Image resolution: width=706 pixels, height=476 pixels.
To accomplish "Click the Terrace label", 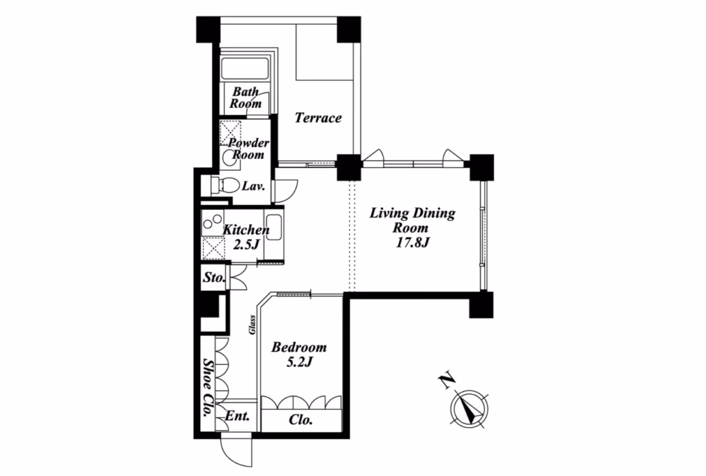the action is [318, 118].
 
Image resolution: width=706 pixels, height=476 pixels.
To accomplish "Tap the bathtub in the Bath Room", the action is [245, 69].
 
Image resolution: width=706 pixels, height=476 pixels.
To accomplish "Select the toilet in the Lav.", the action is [226, 185].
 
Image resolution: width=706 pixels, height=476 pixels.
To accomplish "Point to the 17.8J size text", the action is [412, 243].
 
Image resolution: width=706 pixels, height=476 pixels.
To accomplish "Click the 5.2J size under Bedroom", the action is [299, 362].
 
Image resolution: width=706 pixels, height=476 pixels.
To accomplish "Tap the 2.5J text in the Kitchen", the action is [246, 244].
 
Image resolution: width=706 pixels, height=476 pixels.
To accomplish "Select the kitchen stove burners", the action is [213, 222].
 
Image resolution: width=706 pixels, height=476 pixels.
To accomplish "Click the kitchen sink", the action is [274, 227].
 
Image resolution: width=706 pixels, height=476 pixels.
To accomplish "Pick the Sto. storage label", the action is [214, 278].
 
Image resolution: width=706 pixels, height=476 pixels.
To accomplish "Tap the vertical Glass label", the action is [252, 325].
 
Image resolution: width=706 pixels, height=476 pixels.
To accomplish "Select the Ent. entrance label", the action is [237, 416].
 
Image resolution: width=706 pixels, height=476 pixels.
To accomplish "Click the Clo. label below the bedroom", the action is [301, 420].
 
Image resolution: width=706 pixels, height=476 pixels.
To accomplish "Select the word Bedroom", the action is [299, 347].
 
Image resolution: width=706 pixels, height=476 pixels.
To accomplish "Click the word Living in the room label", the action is [389, 214].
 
